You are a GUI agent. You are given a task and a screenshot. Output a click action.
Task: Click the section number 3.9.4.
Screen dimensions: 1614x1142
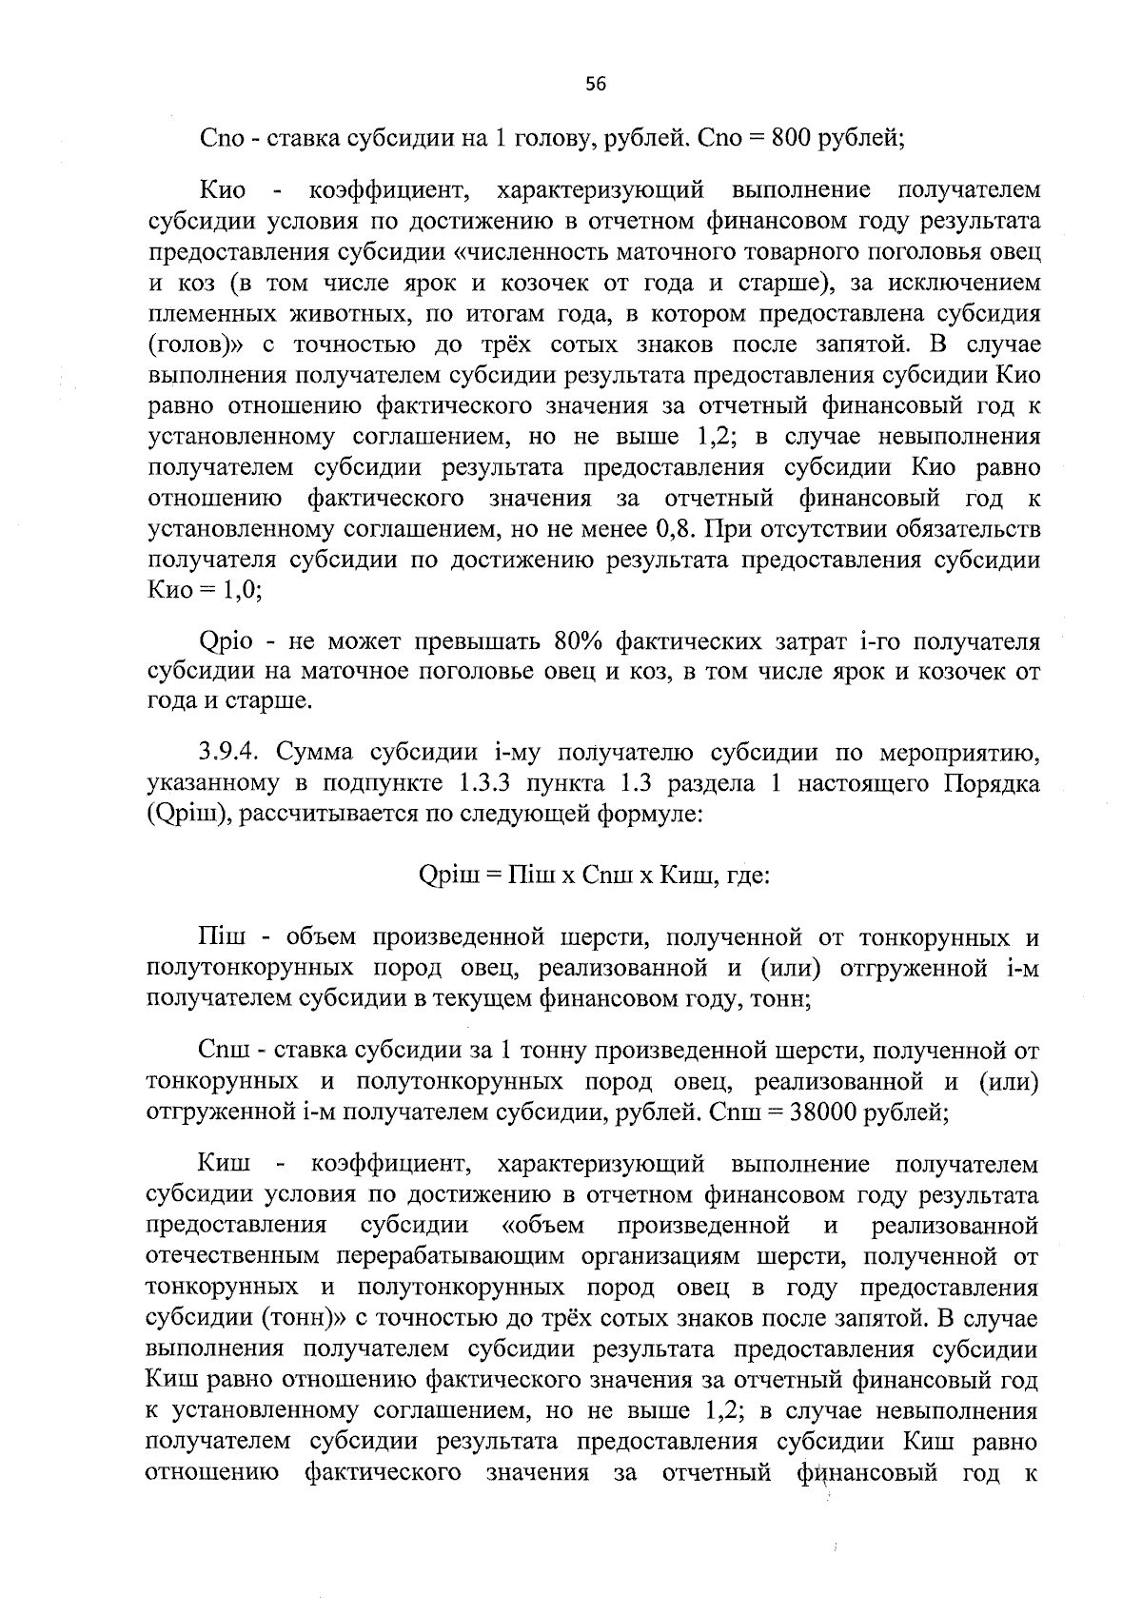coord(232,754)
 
